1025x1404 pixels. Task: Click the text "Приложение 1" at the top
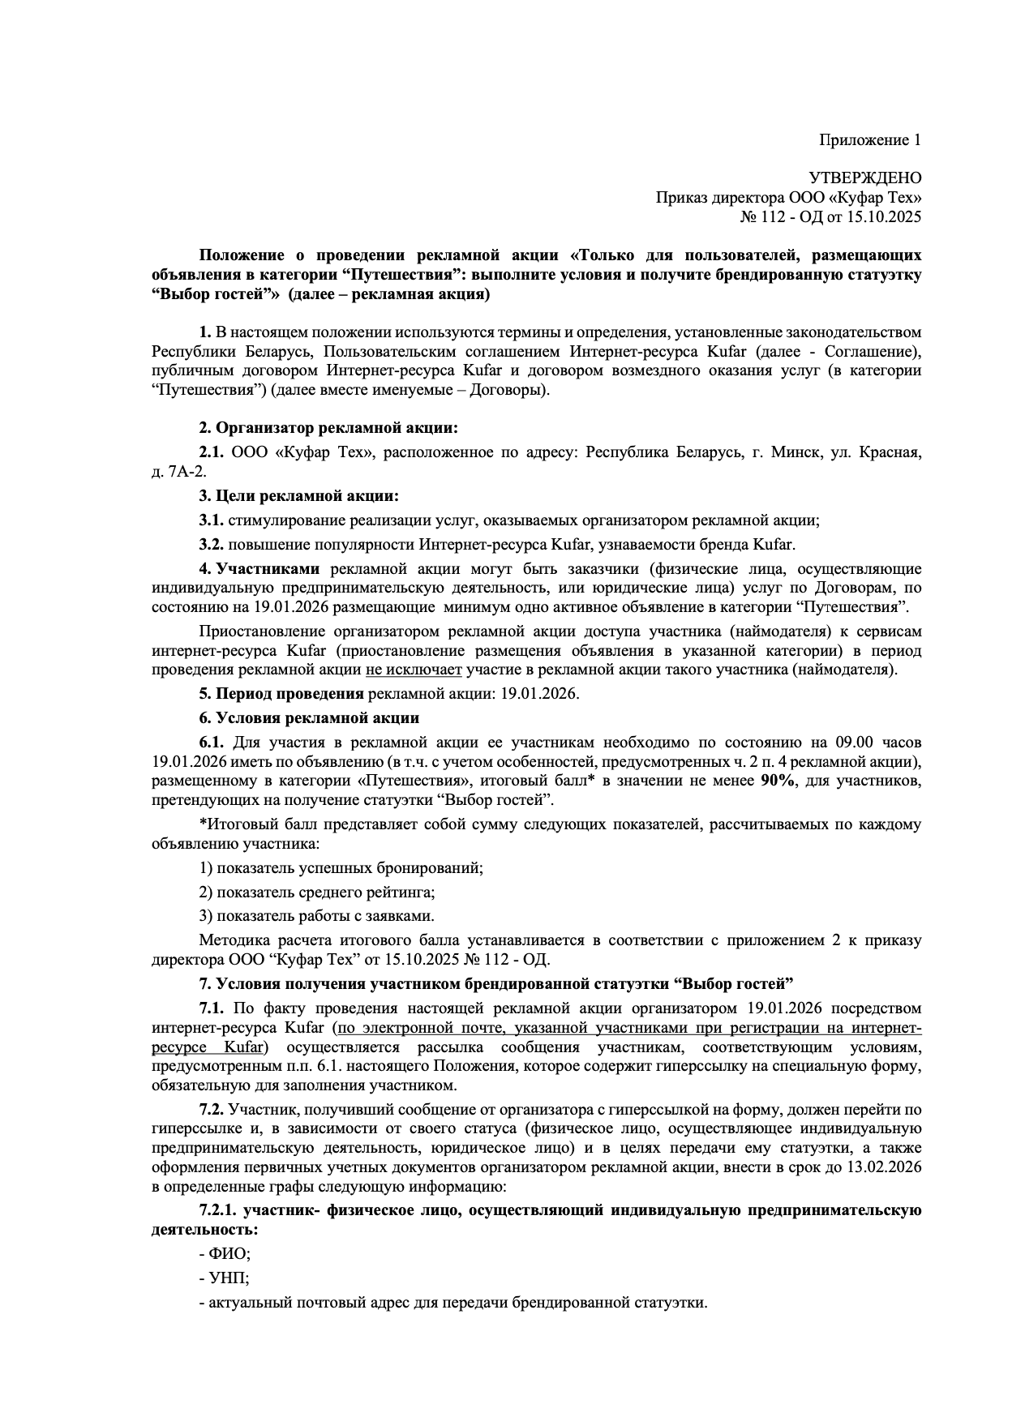(x=869, y=140)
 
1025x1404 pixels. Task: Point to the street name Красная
(x=891, y=452)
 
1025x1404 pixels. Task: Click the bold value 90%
(x=777, y=781)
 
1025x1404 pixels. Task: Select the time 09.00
(x=845, y=742)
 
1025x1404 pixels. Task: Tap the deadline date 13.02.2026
(x=883, y=1167)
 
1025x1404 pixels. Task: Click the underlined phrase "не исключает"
(x=414, y=670)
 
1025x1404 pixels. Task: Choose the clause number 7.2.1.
(x=218, y=1210)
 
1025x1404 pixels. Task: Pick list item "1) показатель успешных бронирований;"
(x=341, y=867)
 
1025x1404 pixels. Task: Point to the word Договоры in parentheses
(x=509, y=390)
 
